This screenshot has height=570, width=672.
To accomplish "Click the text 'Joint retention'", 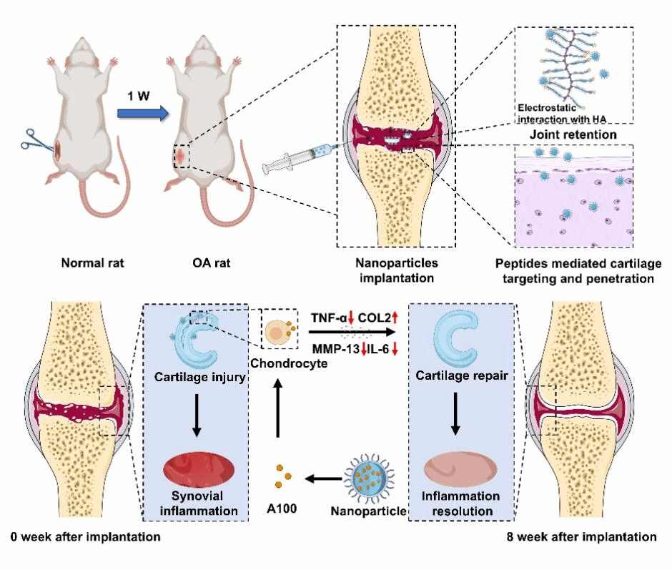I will (x=565, y=133).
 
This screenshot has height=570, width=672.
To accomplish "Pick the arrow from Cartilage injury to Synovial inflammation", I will (x=196, y=418).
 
